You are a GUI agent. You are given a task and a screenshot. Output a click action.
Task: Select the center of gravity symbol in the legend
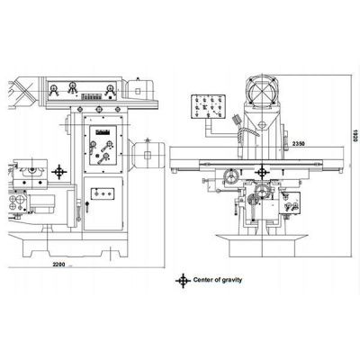[x=185, y=281]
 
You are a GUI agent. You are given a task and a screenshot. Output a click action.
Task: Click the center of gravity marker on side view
[x=59, y=171]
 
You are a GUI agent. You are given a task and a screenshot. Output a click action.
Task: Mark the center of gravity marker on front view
[x=262, y=170]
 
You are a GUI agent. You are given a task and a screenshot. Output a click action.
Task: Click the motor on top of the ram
[x=142, y=88]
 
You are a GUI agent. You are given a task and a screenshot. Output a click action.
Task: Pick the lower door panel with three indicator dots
[x=103, y=193]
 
